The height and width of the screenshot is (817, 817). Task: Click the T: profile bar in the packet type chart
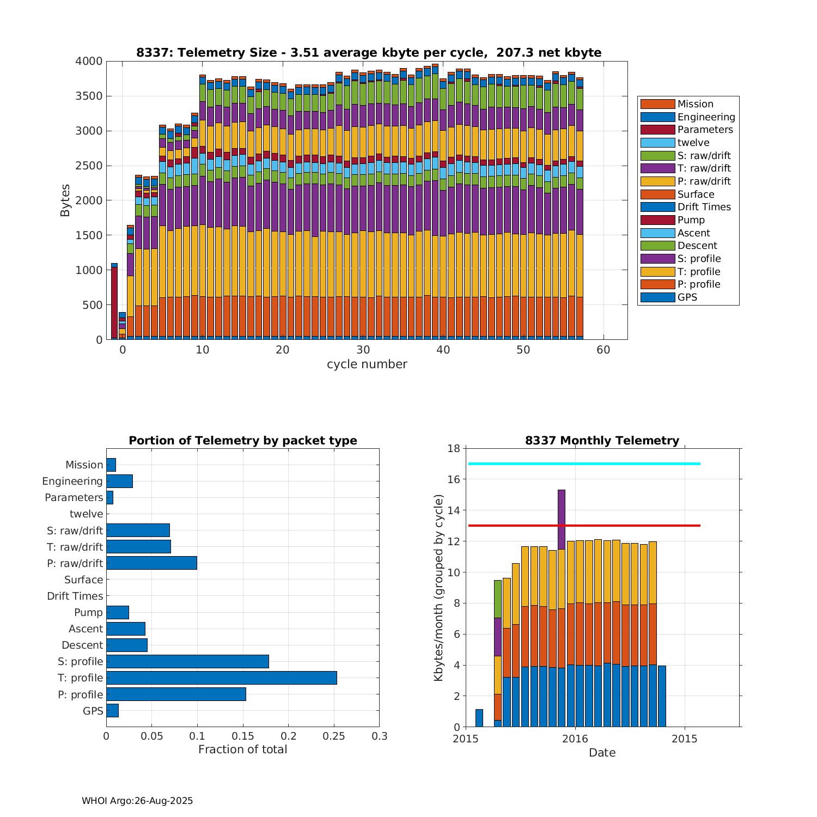coord(221,678)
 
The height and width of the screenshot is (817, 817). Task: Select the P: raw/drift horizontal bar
coord(151,563)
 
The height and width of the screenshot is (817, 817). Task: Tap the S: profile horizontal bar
coord(187,661)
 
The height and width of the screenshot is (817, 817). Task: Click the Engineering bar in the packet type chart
coord(119,481)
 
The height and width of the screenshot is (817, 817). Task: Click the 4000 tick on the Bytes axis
coord(89,61)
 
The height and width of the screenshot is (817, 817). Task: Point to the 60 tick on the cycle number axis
coord(603,350)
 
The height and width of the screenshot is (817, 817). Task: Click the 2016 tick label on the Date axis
coord(575,739)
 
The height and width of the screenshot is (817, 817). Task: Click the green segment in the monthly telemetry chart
coord(498,599)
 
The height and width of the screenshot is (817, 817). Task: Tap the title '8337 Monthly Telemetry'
coord(602,441)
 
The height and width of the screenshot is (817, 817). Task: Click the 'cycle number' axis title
coord(367,364)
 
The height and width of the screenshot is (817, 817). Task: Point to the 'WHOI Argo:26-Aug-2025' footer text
coord(137,801)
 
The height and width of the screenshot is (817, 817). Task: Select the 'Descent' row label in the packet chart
coord(82,645)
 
